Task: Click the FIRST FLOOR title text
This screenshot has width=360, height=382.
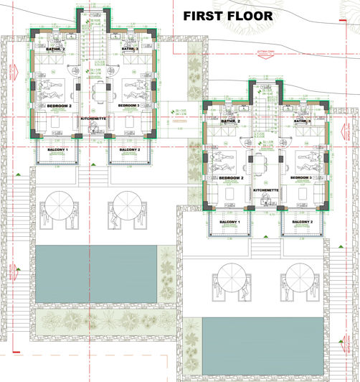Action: tap(227, 15)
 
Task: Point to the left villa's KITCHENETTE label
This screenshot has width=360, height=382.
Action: tap(94, 116)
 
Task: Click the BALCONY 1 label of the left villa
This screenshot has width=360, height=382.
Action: tap(57, 149)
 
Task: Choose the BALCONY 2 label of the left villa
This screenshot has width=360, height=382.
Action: tap(129, 149)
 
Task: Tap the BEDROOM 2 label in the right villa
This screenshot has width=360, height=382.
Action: tap(232, 177)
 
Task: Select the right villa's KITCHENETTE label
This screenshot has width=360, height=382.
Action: tap(266, 189)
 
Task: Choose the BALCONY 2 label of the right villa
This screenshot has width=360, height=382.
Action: tap(303, 222)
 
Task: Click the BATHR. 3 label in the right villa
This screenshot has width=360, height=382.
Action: tap(303, 121)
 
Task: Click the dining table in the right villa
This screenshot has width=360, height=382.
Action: tap(266, 162)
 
